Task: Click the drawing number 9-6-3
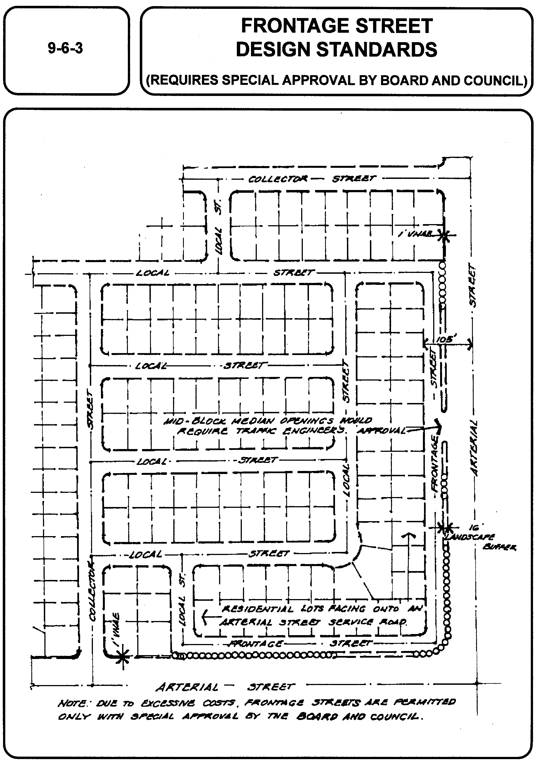click(65, 49)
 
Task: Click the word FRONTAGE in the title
click(286, 26)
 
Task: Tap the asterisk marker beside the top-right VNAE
click(444, 236)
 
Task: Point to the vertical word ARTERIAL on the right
click(475, 448)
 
